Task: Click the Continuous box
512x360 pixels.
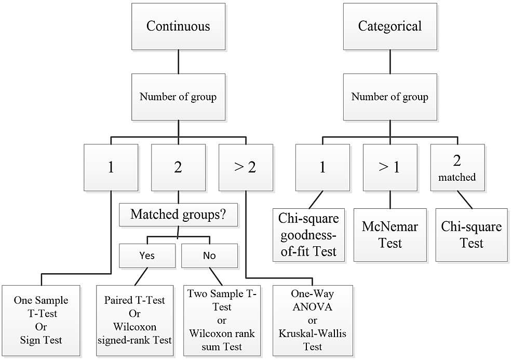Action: pyautogui.click(x=178, y=26)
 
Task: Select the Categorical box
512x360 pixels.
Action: pyautogui.click(x=390, y=26)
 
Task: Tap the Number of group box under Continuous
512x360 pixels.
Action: pyautogui.click(x=179, y=97)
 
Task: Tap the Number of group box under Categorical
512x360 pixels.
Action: pyautogui.click(x=390, y=97)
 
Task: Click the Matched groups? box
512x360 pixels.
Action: pyautogui.click(x=179, y=215)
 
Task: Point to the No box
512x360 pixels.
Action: pyautogui.click(x=209, y=256)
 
